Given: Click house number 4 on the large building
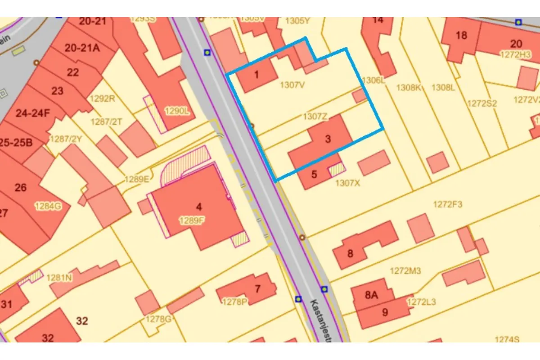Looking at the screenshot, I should pyautogui.click(x=199, y=207).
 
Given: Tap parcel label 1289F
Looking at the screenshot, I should pyautogui.click(x=192, y=220).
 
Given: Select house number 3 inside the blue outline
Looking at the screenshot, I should pyautogui.click(x=328, y=139).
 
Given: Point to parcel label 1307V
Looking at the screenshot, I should pyautogui.click(x=292, y=84).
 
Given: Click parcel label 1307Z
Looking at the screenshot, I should pyautogui.click(x=315, y=117).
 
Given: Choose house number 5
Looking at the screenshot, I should pyautogui.click(x=314, y=174).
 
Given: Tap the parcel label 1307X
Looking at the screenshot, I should pyautogui.click(x=347, y=183).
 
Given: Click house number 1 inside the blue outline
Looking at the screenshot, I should pyautogui.click(x=256, y=74).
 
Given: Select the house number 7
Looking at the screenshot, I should pyautogui.click(x=257, y=288).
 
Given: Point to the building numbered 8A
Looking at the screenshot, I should pyautogui.click(x=371, y=295).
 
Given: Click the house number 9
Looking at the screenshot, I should pyautogui.click(x=385, y=312).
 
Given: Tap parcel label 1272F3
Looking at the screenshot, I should pyautogui.click(x=448, y=204).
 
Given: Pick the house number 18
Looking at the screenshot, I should pyautogui.click(x=461, y=35).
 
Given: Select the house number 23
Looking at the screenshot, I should pyautogui.click(x=57, y=91).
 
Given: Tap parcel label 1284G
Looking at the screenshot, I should pyautogui.click(x=48, y=206).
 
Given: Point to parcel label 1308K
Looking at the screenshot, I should pyautogui.click(x=408, y=87).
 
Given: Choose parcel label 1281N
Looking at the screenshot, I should pyautogui.click(x=59, y=278).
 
